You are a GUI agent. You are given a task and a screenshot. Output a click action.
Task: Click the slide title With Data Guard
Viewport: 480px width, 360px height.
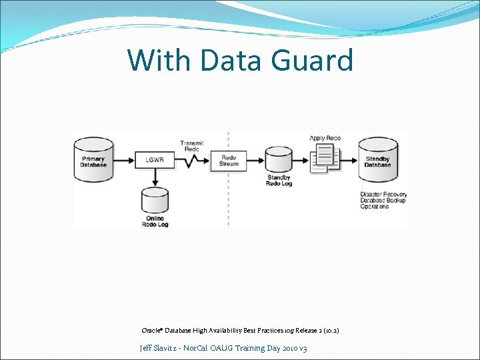(x=240, y=61)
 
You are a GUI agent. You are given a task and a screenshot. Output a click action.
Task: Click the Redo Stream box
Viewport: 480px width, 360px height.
(x=229, y=161)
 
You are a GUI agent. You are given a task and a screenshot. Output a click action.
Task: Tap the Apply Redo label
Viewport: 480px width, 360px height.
(x=325, y=138)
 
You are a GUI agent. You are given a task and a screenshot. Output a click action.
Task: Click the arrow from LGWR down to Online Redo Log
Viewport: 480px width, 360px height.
(x=155, y=177)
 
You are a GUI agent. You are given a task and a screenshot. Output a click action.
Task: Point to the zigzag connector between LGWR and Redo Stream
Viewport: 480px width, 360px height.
(x=192, y=161)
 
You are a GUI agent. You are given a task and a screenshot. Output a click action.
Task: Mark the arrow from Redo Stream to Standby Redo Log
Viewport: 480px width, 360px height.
(x=256, y=161)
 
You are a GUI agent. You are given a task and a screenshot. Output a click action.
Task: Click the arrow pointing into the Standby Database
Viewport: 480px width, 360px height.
(x=350, y=161)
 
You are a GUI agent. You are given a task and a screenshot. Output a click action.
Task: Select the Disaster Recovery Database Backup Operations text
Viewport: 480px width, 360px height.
(x=383, y=201)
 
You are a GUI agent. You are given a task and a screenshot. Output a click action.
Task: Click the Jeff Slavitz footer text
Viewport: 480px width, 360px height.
(x=223, y=348)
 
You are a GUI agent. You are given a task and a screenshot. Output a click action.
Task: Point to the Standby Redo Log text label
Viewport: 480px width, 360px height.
(x=279, y=181)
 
